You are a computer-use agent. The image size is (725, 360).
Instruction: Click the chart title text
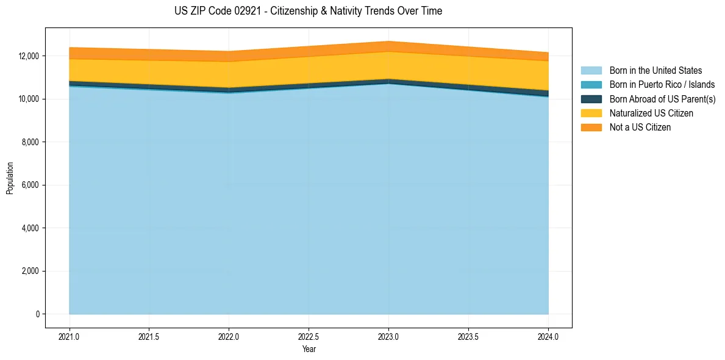tap(308, 11)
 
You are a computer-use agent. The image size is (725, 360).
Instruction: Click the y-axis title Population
tap(10, 178)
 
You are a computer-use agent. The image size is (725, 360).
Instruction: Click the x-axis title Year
tap(309, 349)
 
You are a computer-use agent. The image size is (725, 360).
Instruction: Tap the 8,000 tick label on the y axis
tap(29, 142)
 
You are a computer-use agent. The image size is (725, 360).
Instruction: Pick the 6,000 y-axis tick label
tap(29, 185)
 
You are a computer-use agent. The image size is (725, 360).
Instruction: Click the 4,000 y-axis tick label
tap(29, 228)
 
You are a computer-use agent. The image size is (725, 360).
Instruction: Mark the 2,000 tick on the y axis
tap(29, 271)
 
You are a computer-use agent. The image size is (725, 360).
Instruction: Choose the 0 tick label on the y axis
tap(36, 314)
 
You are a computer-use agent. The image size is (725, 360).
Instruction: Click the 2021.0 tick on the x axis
tap(70, 336)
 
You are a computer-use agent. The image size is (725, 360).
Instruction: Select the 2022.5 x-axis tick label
tap(309, 336)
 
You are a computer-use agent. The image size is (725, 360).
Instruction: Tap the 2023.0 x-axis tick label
tap(388, 336)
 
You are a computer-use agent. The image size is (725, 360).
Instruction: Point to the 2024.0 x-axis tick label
tap(548, 336)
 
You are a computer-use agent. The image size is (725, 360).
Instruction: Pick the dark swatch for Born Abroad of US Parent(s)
tap(591, 99)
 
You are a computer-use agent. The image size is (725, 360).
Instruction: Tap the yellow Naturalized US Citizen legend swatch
tap(591, 113)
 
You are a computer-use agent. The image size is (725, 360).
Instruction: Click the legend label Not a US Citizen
tap(640, 127)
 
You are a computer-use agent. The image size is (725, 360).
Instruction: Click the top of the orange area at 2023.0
tap(388, 41)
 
